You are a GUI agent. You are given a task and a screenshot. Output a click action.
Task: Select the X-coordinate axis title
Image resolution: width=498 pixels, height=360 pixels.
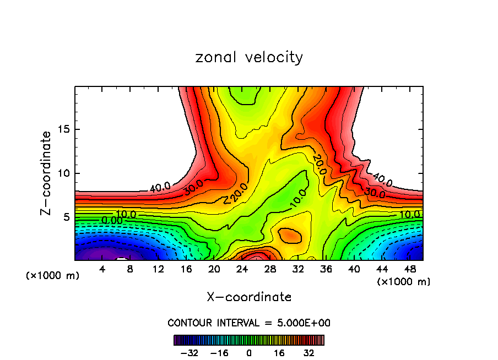click(x=249, y=297)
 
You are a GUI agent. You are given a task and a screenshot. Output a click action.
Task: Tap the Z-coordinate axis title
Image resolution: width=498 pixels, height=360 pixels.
click(x=46, y=173)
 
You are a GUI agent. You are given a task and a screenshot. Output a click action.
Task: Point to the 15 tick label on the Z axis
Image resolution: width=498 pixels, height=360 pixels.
click(x=62, y=130)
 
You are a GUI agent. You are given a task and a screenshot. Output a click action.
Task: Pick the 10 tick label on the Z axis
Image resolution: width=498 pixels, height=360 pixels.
click(x=62, y=173)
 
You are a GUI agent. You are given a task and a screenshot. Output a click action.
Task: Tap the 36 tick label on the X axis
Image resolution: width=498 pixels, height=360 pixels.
click(x=326, y=270)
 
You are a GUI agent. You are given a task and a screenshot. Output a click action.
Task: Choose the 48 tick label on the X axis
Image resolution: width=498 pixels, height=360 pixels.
click(x=410, y=270)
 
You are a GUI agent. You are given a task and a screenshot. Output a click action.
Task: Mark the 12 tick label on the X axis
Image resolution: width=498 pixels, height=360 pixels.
click(x=159, y=270)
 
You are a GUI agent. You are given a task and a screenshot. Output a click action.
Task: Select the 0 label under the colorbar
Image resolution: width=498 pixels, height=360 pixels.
click(x=249, y=352)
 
